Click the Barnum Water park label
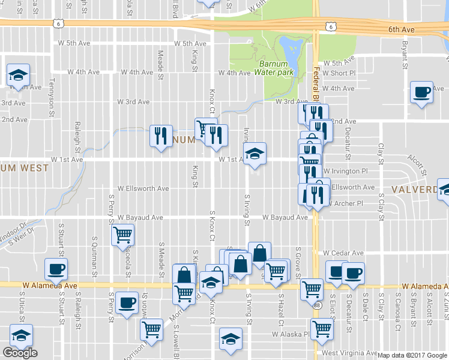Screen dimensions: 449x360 [x=276, y=68]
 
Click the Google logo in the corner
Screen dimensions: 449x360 [x=20, y=353]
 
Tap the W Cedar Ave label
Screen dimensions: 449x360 [x=343, y=253]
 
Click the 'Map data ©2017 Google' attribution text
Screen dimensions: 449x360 [x=412, y=355]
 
